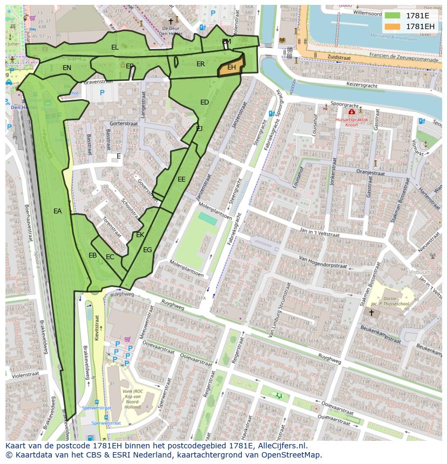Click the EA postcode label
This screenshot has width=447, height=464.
tap(58, 211)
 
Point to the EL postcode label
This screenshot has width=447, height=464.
tap(115, 47)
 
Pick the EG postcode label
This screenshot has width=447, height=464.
tap(147, 250)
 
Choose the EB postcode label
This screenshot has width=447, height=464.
tap(93, 255)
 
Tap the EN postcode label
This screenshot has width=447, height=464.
tap(67, 68)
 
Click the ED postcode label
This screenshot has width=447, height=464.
tap(205, 102)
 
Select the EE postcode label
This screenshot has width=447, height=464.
tap(181, 179)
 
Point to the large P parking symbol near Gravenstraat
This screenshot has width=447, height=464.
tap(102, 93)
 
